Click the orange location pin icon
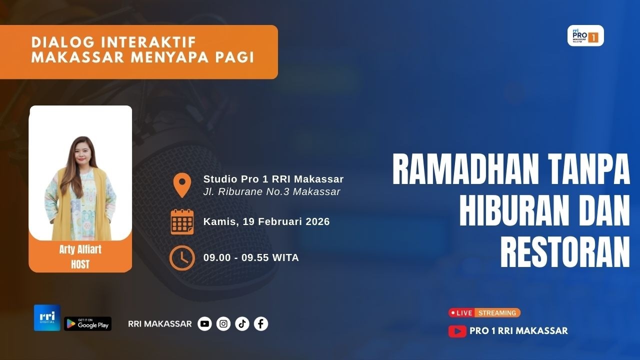[x=182, y=185]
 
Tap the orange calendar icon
[x=182, y=221]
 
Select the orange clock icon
[x=182, y=258]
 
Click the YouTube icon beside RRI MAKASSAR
[x=204, y=324]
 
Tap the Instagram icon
[x=223, y=324]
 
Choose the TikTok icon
[x=242, y=324]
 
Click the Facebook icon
[x=260, y=324]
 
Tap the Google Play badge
[x=87, y=324]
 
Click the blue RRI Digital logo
[x=47, y=317]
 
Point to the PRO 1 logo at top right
[x=585, y=36]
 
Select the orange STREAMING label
[x=497, y=313]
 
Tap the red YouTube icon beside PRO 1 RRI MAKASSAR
[x=457, y=331]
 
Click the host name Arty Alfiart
[x=80, y=249]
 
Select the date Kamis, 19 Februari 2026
[x=266, y=221]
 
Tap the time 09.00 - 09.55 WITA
[x=251, y=258]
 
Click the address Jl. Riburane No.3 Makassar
[x=271, y=191]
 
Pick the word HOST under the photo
[x=80, y=263]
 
